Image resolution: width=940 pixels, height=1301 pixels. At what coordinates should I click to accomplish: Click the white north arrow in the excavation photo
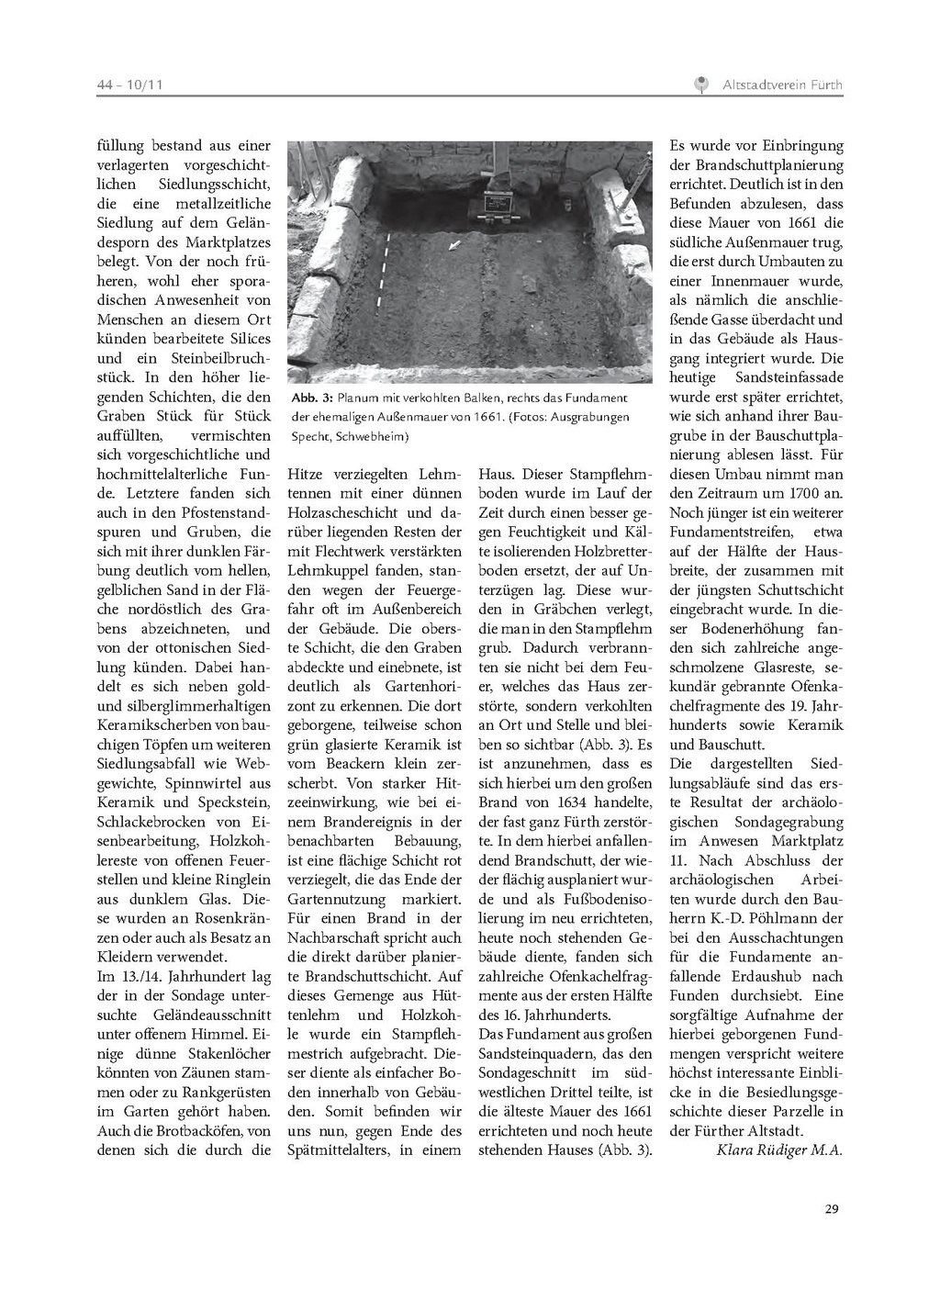[x=454, y=245]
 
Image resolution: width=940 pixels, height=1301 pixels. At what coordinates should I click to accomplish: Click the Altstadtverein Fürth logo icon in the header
[x=701, y=85]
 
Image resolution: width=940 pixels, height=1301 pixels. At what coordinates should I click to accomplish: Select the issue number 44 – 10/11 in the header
[x=129, y=85]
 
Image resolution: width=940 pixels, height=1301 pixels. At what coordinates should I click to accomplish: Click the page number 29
[x=832, y=1208]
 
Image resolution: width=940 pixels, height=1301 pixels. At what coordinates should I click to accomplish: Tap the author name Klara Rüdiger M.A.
[x=778, y=1150]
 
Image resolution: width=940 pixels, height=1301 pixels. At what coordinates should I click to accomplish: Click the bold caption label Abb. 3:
[x=312, y=398]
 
